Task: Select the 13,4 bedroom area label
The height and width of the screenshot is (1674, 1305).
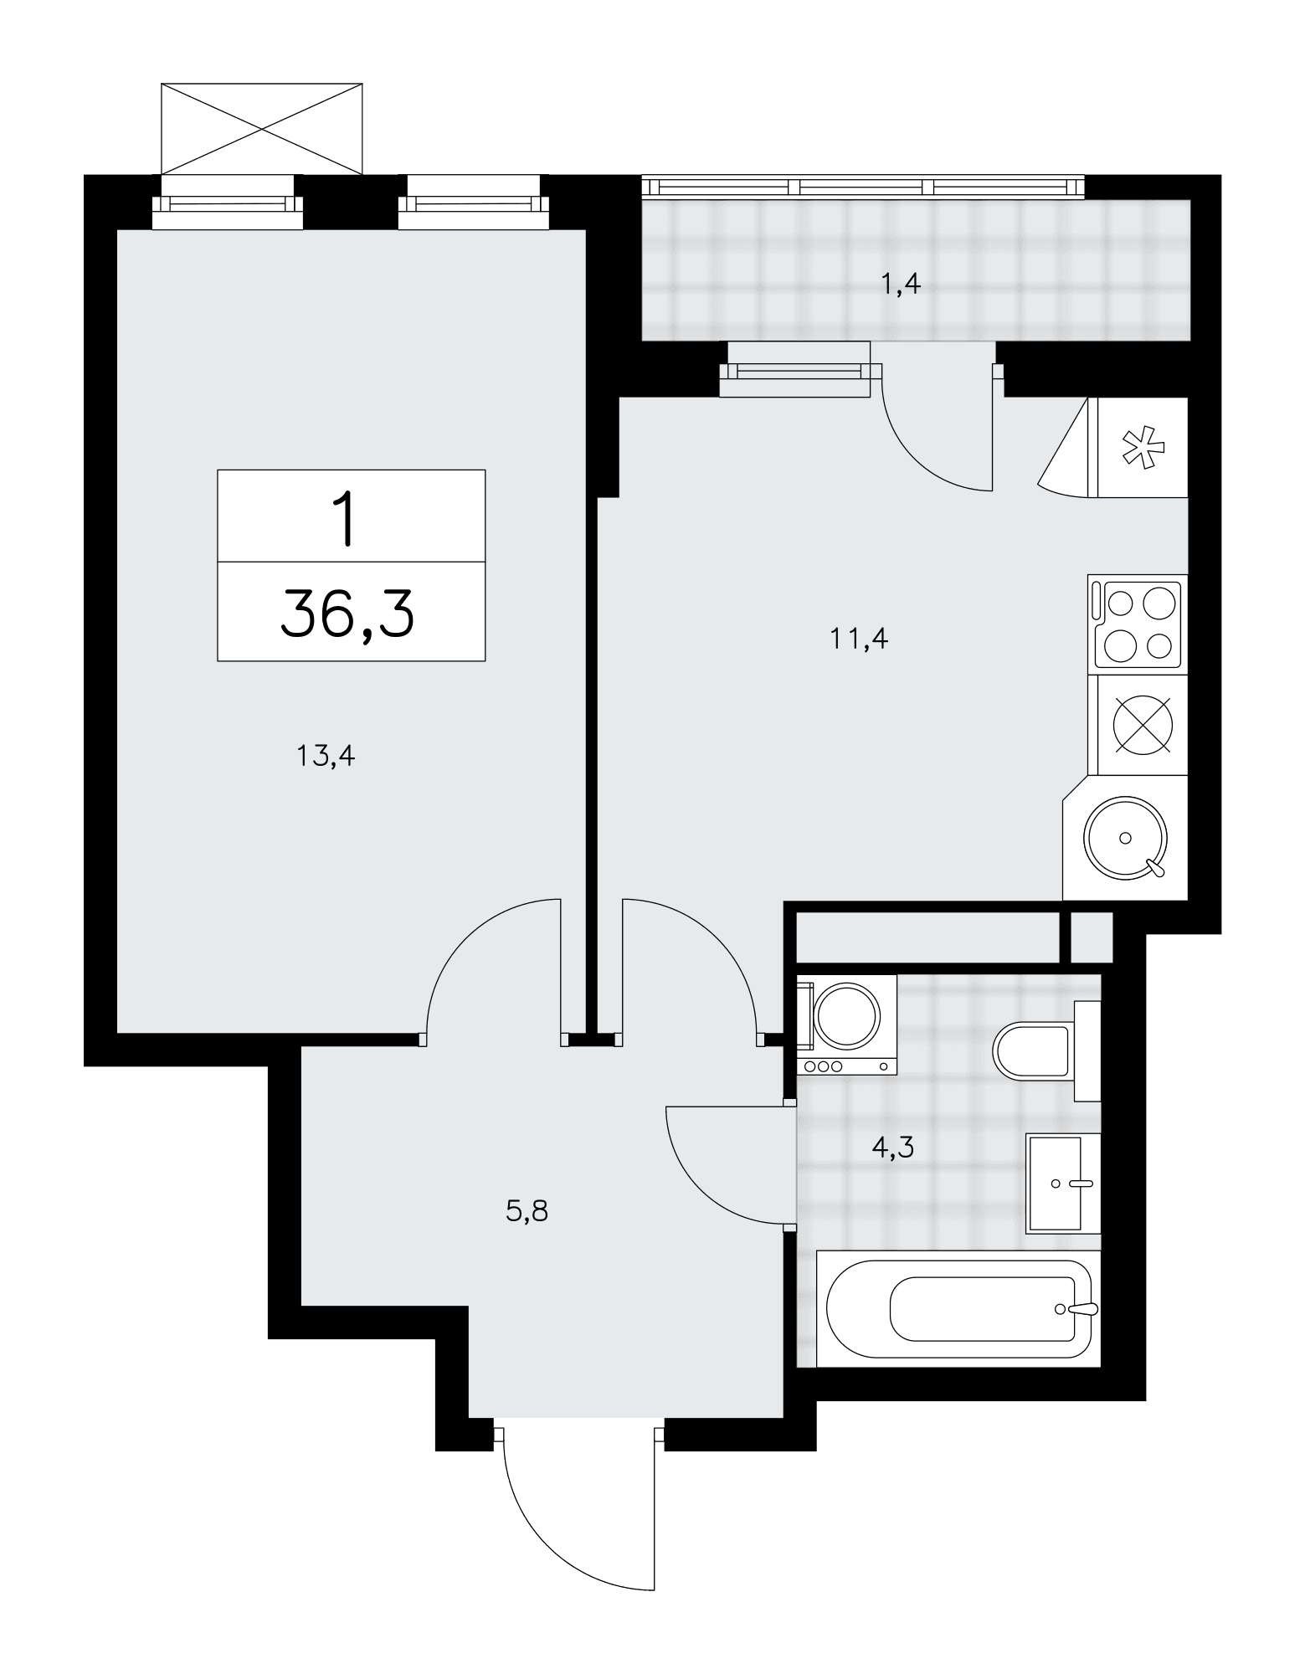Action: (x=326, y=757)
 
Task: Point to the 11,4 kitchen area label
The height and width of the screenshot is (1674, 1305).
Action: (x=858, y=639)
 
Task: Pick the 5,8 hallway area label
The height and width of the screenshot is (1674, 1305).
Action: (x=527, y=1211)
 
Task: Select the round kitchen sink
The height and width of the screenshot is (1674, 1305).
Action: (x=1125, y=838)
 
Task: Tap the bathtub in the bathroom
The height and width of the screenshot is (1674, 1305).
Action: (x=958, y=1308)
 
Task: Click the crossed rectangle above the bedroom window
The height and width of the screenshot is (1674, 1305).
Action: (x=262, y=129)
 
